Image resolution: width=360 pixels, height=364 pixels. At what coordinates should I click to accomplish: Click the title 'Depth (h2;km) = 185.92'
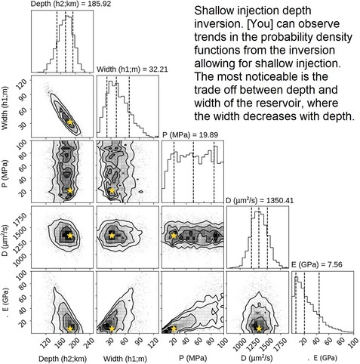[71, 4]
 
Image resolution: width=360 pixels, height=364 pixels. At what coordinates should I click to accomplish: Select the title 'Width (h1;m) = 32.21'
[132, 69]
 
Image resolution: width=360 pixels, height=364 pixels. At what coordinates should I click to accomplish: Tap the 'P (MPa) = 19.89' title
[190, 135]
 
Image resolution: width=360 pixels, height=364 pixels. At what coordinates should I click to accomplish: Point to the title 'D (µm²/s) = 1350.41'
[260, 200]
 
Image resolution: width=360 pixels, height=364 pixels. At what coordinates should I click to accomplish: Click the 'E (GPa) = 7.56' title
[317, 265]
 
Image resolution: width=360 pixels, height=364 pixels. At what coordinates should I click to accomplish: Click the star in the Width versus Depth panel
[69, 122]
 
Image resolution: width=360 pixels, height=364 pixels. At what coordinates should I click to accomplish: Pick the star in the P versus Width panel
[112, 190]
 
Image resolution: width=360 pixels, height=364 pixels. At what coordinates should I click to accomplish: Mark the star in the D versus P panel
[174, 236]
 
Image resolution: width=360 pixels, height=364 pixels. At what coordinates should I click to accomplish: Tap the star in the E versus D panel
[259, 329]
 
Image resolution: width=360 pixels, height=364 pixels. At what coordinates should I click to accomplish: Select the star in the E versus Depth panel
[69, 329]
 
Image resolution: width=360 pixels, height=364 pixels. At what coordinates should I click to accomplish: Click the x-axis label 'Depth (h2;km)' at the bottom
[63, 358]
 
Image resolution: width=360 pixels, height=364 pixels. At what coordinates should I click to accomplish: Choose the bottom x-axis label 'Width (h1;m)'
[125, 358]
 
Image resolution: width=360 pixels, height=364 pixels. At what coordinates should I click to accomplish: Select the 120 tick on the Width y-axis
[20, 82]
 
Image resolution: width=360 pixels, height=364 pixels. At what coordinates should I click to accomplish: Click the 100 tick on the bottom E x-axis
[351, 342]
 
